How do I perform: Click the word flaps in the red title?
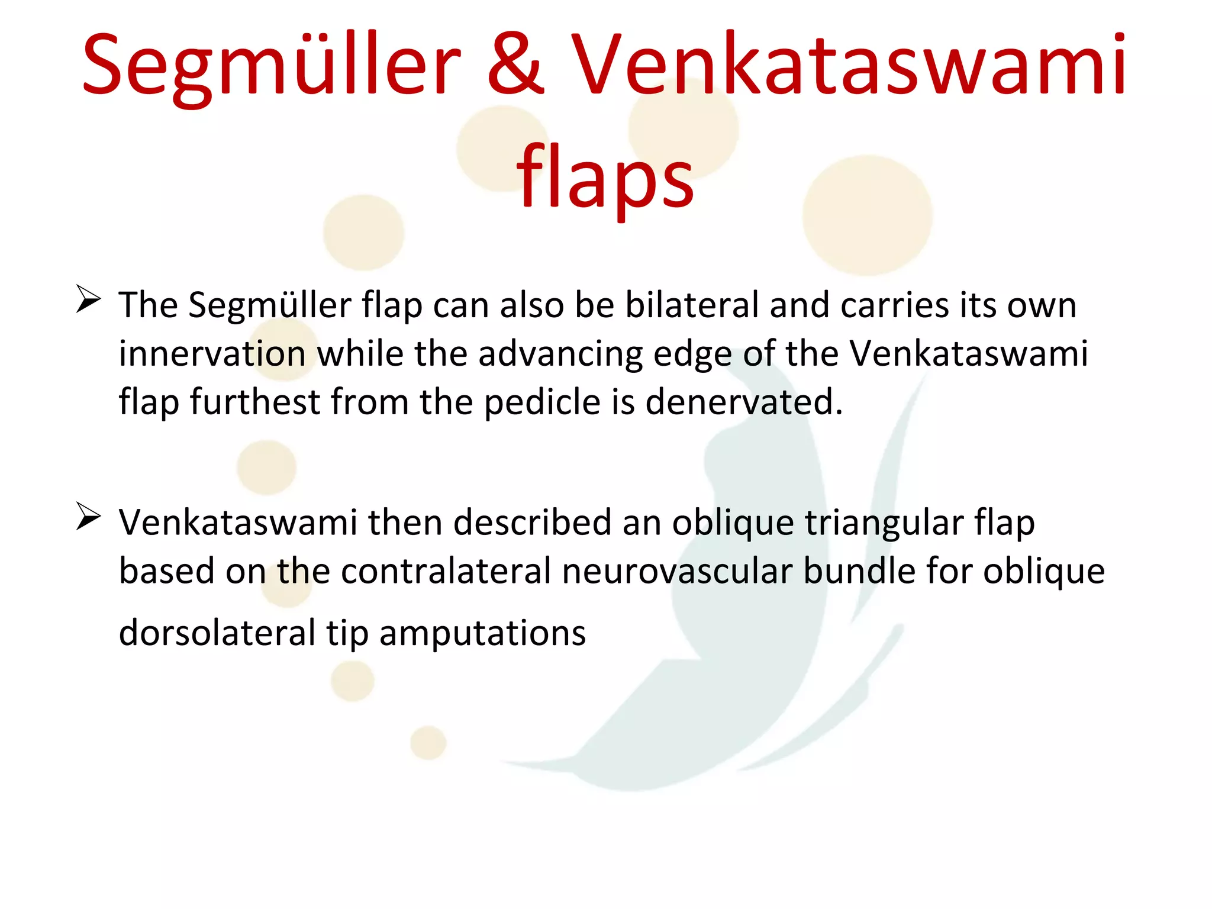pyautogui.click(x=605, y=178)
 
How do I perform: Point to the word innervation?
pyautogui.click(x=212, y=354)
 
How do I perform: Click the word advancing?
pyautogui.click(x=560, y=354)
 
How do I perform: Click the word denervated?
pyautogui.click(x=743, y=402)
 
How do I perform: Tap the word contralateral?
pyautogui.click(x=446, y=572)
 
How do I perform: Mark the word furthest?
pyautogui.click(x=255, y=402)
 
